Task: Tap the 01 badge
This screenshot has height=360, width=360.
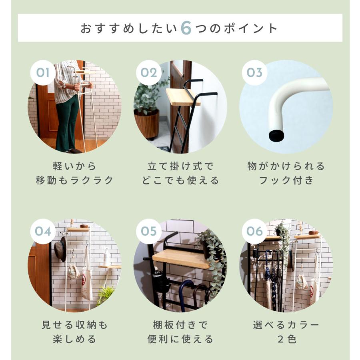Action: pyautogui.click(x=43, y=73)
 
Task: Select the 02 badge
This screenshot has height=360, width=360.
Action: pyautogui.click(x=148, y=73)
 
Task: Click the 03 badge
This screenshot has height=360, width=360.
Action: pyautogui.click(x=254, y=73)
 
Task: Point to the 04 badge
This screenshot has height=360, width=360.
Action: pyautogui.click(x=43, y=231)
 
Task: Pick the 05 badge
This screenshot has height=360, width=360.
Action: pyautogui.click(x=148, y=231)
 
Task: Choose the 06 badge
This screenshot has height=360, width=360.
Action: pyautogui.click(x=254, y=231)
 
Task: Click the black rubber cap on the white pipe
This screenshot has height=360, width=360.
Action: pyautogui.click(x=276, y=135)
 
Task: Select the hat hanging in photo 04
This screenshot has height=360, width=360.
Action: pyautogui.click(x=60, y=249)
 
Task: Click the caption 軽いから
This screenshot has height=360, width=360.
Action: pyautogui.click(x=74, y=166)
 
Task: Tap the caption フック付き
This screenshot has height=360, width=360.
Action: pyautogui.click(x=286, y=180)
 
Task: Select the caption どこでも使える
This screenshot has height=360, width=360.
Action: pyautogui.click(x=180, y=180)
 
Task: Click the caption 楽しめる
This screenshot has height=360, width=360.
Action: pyautogui.click(x=74, y=339)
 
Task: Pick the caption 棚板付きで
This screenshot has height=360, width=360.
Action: pyautogui.click(x=180, y=324)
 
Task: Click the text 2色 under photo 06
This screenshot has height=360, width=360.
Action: pyautogui.click(x=286, y=339)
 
